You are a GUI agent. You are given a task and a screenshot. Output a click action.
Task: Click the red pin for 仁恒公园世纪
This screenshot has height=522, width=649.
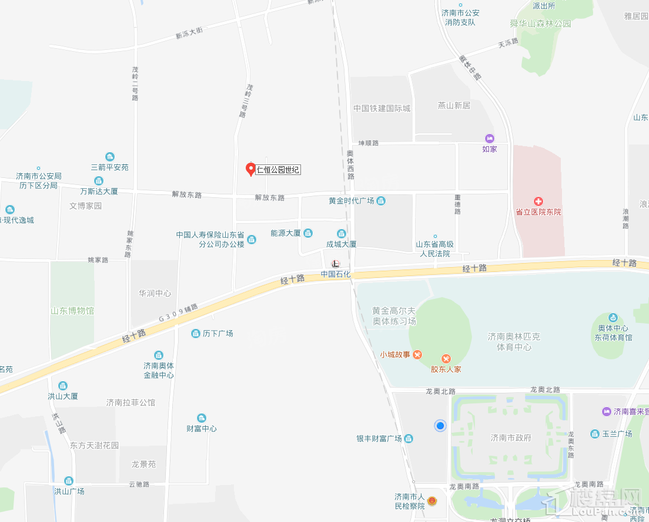250,169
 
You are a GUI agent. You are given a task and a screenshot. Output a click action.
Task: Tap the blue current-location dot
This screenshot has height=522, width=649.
440,426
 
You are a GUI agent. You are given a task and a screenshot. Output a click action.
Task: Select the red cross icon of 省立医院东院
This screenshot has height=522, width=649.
538,201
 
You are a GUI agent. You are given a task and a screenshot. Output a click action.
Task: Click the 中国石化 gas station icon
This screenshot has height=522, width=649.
335,264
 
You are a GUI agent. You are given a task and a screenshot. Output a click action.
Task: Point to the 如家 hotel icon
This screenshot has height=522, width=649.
489,137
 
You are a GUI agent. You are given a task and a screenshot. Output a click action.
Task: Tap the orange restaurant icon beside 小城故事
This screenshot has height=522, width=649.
417,354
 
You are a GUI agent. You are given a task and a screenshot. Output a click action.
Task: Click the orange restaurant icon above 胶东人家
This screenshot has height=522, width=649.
446,358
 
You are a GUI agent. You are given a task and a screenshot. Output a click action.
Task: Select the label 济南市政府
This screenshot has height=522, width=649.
511,437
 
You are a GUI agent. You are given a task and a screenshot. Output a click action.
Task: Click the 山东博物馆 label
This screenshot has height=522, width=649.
72,311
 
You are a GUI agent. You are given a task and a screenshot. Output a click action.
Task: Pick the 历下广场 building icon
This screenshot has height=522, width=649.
196,334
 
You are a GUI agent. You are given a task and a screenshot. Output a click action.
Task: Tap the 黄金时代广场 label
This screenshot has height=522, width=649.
351,201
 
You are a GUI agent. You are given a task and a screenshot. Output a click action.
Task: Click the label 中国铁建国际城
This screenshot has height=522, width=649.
382,109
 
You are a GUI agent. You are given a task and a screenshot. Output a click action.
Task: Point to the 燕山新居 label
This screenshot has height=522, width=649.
454,106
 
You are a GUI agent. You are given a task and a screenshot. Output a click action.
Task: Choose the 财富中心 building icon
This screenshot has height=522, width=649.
202,417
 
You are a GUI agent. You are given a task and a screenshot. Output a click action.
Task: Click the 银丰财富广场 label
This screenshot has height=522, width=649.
379,439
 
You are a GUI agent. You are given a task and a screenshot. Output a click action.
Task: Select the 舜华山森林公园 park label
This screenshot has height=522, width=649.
540,24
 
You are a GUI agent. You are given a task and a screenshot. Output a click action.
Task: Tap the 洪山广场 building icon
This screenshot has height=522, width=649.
69,481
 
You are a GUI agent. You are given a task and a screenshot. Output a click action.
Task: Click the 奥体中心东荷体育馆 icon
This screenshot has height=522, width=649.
613,318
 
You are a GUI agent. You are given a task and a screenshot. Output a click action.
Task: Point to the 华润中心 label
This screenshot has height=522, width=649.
155,293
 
